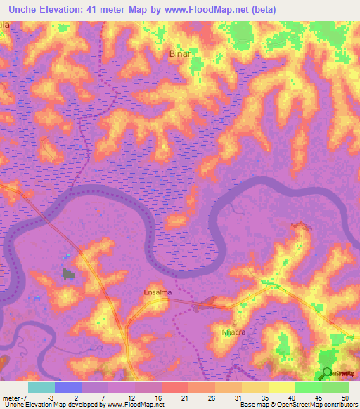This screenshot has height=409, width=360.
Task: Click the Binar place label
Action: [181, 53]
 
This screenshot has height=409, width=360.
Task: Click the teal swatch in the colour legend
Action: [41, 387]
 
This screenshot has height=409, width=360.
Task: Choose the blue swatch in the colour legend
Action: [67, 387]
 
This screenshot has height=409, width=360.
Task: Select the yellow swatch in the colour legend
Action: [281, 387]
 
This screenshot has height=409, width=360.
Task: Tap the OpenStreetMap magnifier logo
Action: [326, 373]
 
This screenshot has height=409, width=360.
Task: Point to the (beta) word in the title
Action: [260, 9]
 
